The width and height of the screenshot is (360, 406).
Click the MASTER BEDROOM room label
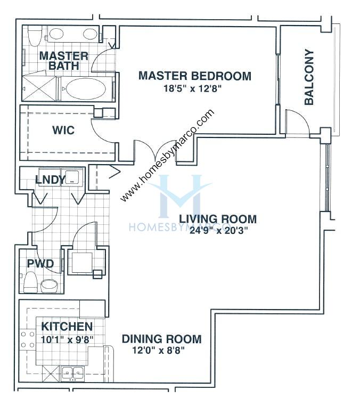point(195,76)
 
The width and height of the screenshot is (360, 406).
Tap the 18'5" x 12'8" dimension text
point(193,88)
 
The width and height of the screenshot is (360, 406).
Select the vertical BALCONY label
point(309,77)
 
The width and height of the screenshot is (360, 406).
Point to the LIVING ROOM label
point(218,219)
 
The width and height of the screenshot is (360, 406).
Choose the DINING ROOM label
point(162,339)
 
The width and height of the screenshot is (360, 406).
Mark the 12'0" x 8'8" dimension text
point(158,351)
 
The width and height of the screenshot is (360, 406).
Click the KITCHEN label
point(67,327)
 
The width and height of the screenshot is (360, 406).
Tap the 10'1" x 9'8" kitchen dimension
point(68,339)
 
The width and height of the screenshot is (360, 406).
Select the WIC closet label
point(63,130)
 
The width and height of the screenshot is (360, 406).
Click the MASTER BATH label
point(64,61)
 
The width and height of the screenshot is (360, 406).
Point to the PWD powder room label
point(40,264)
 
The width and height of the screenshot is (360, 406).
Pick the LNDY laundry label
point(51,180)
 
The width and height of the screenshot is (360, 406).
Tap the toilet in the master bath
point(35,36)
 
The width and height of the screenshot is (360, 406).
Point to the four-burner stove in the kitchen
point(28,339)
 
